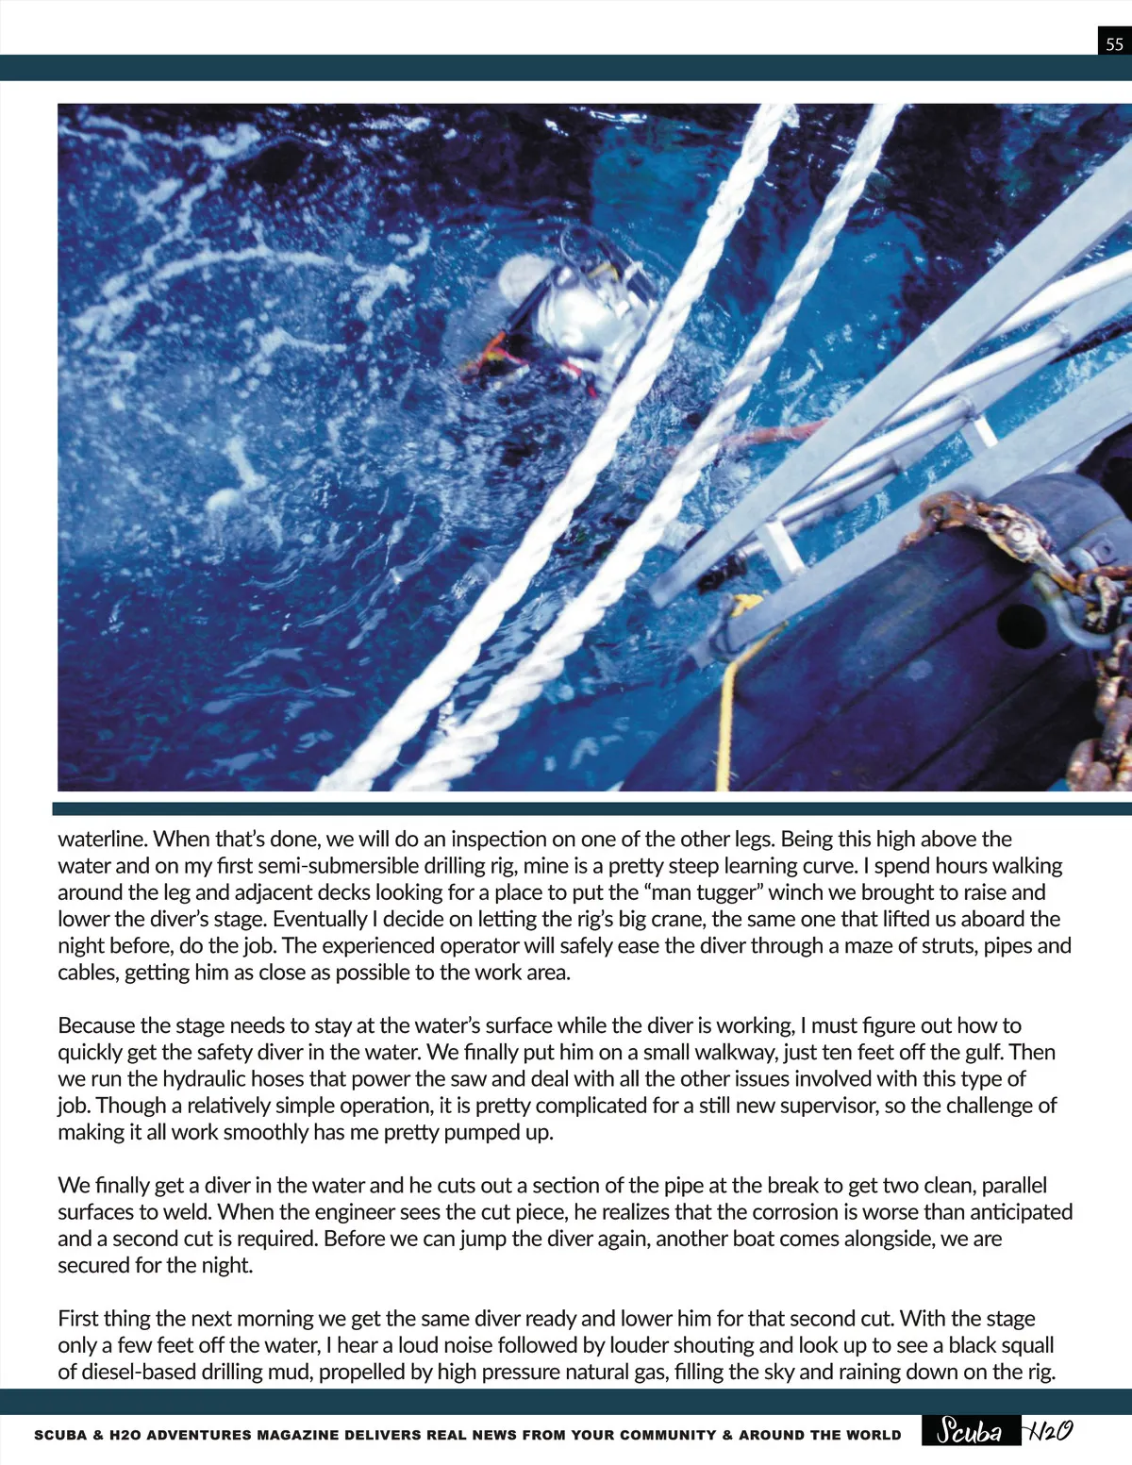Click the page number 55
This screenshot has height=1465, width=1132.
click(x=1114, y=43)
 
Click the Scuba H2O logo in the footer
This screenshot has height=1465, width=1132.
click(x=1004, y=1431)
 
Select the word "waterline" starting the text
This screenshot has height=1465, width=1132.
click(x=102, y=839)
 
